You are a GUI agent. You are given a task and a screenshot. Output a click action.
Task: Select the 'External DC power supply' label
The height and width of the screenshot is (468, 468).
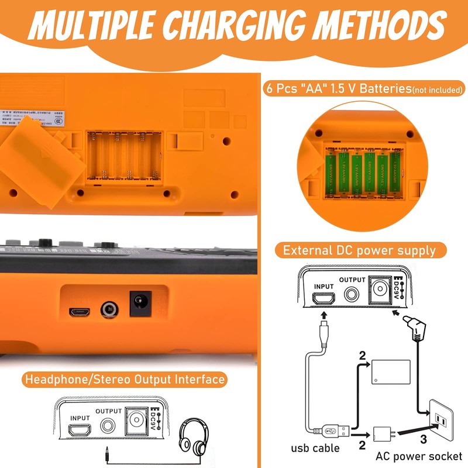(x=359, y=250)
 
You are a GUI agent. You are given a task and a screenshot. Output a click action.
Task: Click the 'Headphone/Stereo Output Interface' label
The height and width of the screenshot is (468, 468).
(x=125, y=379)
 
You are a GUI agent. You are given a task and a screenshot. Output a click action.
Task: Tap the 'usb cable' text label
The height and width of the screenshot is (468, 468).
(x=315, y=449)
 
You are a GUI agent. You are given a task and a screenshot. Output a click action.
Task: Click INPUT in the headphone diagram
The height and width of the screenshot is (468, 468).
(x=80, y=419)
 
